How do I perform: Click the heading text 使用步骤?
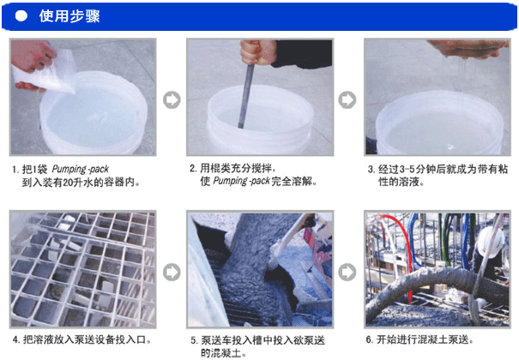(69, 16)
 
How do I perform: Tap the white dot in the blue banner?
(21, 16)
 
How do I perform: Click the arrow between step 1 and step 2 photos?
(172, 99)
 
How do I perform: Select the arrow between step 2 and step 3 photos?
(347, 99)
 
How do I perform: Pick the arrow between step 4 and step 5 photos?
(172, 272)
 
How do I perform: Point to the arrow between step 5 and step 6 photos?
(347, 272)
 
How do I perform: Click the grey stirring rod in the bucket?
(246, 96)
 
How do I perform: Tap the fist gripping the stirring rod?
(258, 52)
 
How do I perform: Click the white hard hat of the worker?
(490, 242)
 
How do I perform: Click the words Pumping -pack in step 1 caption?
(80, 169)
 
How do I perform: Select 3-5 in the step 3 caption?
(407, 169)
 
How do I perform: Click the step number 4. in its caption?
(16, 339)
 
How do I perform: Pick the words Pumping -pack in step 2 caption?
(241, 181)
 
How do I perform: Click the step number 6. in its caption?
(370, 339)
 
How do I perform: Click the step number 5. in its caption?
(194, 340)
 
